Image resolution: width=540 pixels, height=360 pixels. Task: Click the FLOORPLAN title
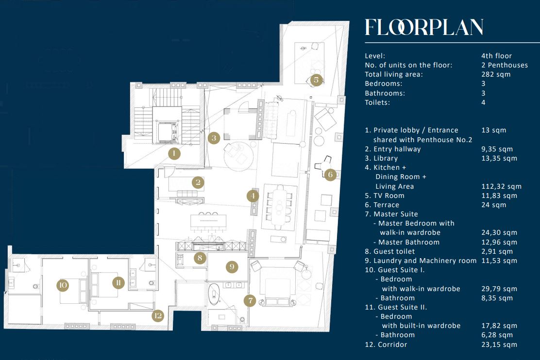tap(424, 28)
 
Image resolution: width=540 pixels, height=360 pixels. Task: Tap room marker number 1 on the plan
tap(173, 154)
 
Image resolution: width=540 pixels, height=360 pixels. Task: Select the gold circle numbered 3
tap(214, 138)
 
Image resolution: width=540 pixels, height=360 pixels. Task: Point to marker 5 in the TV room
tap(316, 80)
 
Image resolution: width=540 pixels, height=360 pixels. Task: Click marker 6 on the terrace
tap(330, 175)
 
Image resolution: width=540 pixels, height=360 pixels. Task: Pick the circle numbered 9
tap(232, 266)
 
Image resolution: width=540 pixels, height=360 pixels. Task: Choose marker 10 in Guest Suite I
tap(63, 285)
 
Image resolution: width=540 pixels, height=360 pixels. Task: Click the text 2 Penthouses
tap(505, 65)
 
